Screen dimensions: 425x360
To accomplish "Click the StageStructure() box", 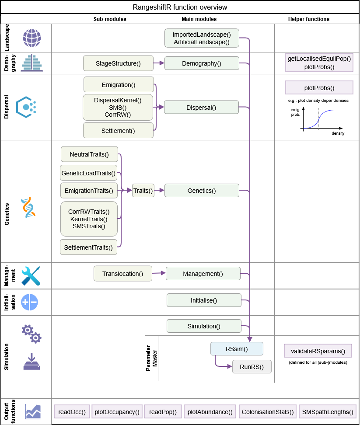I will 118,63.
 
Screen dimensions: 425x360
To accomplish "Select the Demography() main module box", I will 202,63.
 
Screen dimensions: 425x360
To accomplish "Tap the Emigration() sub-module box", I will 118,84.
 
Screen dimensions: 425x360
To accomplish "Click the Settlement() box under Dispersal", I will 118,130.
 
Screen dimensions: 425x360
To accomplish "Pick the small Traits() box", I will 143,191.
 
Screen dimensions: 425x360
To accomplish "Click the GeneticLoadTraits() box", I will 89,173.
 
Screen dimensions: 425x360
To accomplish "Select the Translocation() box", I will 122,274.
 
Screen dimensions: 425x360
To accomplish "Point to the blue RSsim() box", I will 237,349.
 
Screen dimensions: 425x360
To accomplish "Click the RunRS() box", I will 252,367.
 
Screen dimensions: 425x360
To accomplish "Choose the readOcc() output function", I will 72,412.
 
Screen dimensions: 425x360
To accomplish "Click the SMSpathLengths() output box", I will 328,412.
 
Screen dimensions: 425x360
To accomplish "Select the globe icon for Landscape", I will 32,38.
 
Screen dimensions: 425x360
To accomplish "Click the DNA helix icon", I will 28,208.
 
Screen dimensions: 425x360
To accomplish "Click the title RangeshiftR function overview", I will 180,7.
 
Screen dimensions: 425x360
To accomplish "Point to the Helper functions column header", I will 309,19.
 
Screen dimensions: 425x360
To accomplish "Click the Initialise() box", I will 204,300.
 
